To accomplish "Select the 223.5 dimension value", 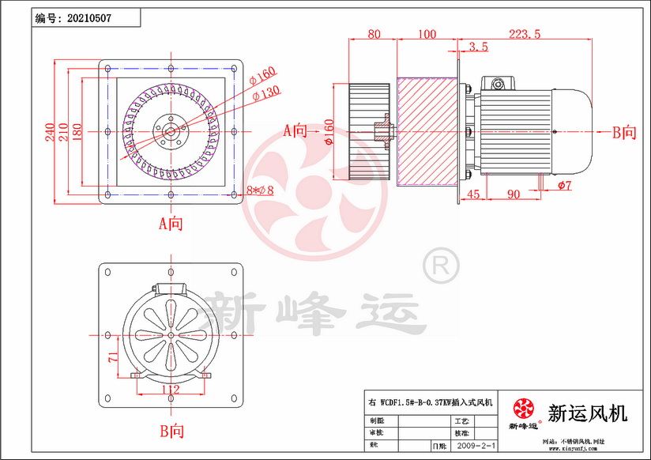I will point(525,34).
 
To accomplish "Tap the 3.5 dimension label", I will point(478,47).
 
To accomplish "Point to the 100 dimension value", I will point(427,34).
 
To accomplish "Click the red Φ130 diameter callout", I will point(267,93).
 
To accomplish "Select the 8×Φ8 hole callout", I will point(260,190).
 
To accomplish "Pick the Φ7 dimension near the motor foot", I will point(564,185).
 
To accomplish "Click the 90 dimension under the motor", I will point(513,194).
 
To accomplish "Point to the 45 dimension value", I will point(473,194).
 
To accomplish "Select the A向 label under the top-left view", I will point(171,224).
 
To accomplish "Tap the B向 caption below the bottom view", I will point(171,432).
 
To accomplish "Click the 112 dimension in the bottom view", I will point(171,389).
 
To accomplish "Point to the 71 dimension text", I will point(113,357).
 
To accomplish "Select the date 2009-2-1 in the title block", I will point(478,447).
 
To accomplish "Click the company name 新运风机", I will point(587,413).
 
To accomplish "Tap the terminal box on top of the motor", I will point(499,84).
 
